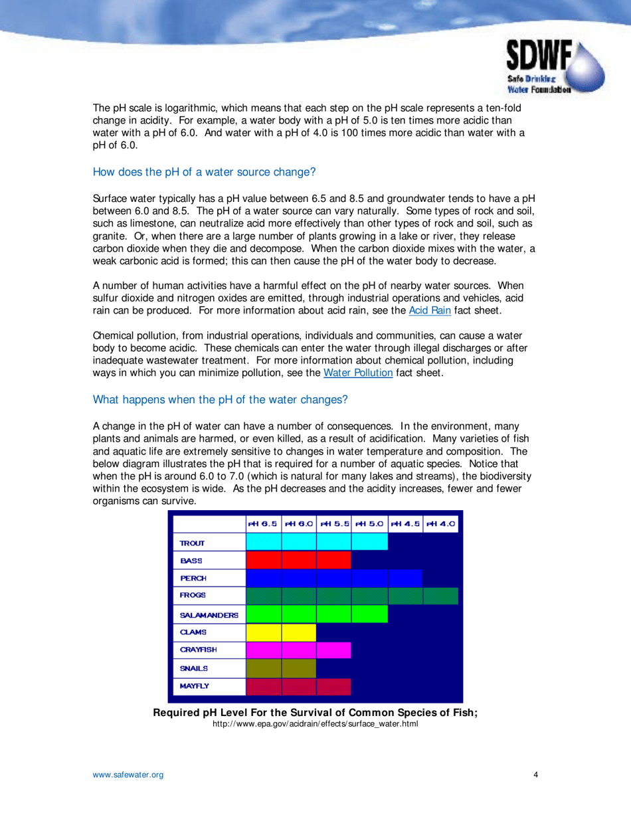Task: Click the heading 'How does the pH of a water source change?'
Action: tap(204, 172)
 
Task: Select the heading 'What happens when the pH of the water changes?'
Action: tap(220, 400)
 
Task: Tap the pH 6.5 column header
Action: tap(263, 523)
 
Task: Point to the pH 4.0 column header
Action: tap(440, 523)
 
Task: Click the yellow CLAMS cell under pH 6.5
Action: tap(263, 632)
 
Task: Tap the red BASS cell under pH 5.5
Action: tap(333, 560)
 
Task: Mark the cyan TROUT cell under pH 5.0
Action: tap(369, 542)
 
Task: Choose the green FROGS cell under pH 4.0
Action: tap(440, 596)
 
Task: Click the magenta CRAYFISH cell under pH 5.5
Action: tap(333, 650)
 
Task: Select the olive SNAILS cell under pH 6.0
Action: tap(298, 668)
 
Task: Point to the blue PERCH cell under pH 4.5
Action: tap(405, 578)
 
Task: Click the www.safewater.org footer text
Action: tap(128, 774)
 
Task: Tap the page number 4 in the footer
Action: tap(535, 774)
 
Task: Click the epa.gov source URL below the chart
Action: tap(315, 723)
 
